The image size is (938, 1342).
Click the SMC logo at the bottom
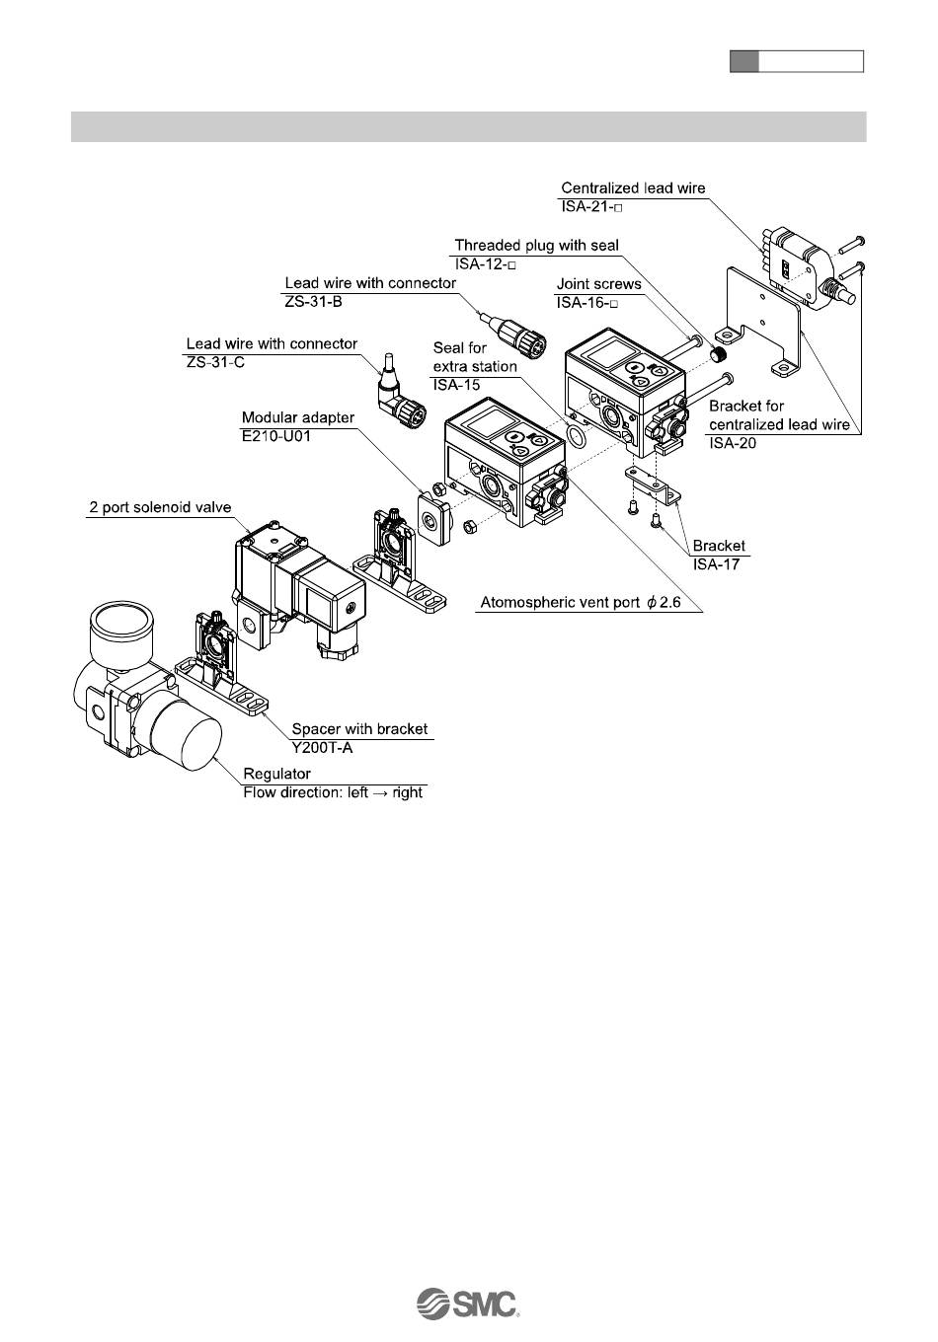(x=468, y=1304)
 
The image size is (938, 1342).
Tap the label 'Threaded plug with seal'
(x=537, y=245)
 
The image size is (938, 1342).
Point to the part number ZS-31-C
(x=215, y=363)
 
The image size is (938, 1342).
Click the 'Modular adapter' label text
(x=297, y=417)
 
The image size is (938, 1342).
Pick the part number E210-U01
(x=276, y=435)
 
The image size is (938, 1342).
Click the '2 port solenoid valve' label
(x=160, y=507)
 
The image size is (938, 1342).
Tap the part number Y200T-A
(x=323, y=747)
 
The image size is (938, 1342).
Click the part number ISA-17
(x=716, y=563)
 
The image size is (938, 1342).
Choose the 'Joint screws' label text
(x=598, y=284)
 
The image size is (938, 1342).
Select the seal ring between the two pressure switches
(x=577, y=437)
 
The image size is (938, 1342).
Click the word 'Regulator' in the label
(x=276, y=774)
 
